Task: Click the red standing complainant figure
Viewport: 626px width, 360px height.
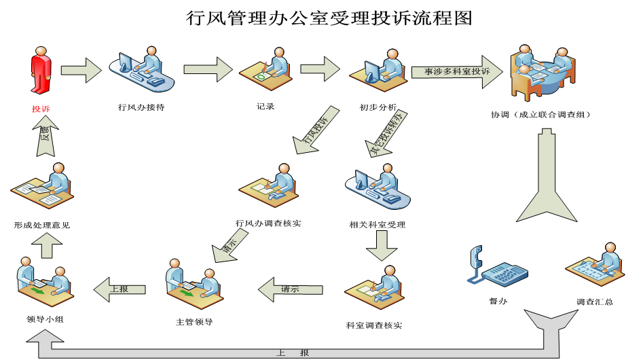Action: [x=41, y=70]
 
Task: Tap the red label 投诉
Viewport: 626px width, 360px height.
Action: [x=41, y=109]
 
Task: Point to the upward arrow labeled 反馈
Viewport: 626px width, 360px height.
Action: [x=45, y=135]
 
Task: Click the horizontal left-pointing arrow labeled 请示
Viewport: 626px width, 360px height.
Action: [x=290, y=289]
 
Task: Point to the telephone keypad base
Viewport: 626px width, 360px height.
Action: [x=505, y=274]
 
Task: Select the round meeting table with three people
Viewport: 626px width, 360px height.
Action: [x=542, y=71]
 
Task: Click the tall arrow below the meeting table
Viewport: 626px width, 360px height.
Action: [x=547, y=177]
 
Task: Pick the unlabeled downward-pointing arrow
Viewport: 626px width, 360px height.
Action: [x=382, y=245]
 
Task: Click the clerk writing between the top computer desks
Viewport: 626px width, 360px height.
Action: [x=267, y=69]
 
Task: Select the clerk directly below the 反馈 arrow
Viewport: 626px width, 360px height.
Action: [x=43, y=186]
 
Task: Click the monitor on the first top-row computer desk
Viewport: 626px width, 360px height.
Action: [x=126, y=63]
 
